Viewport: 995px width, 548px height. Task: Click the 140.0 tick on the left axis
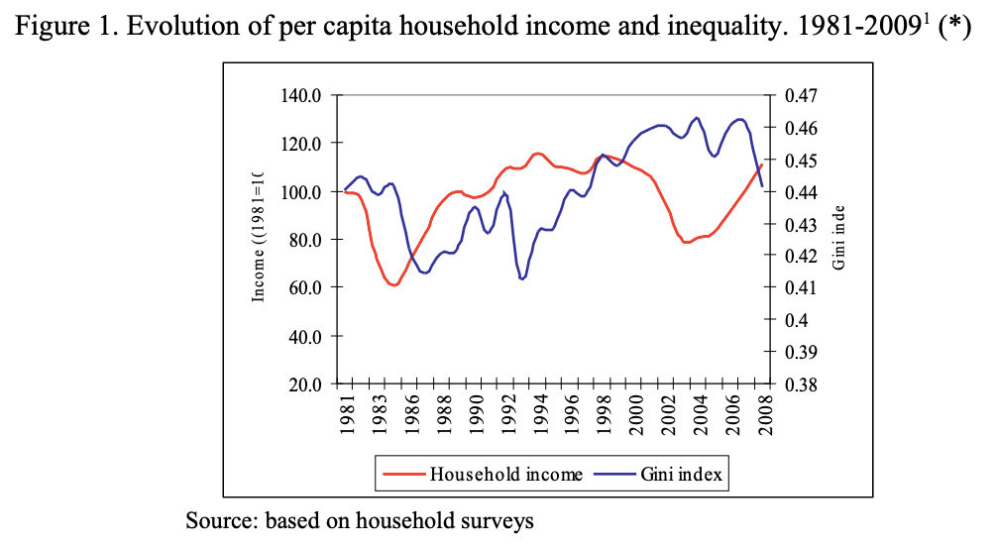[306, 96]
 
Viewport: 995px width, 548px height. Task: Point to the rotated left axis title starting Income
[259, 237]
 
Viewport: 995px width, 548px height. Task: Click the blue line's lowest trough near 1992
[522, 278]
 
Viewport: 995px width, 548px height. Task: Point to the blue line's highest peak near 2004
[697, 118]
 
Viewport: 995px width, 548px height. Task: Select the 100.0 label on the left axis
[306, 192]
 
